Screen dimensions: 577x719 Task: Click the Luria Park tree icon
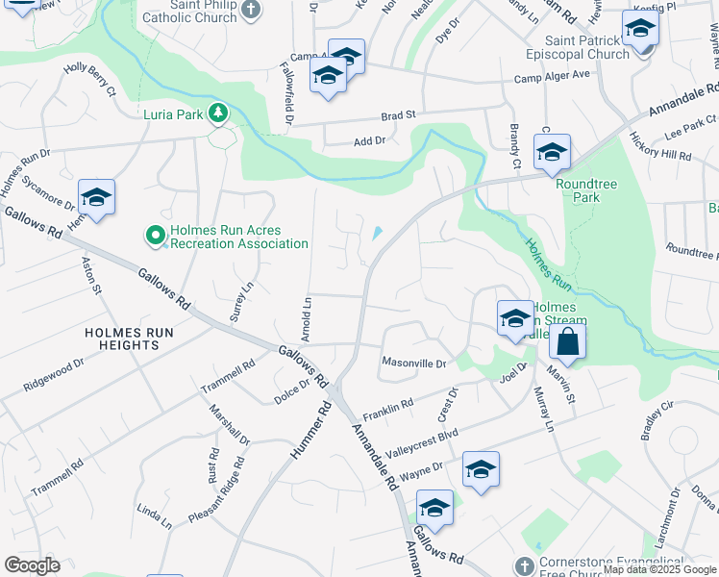tap(219, 114)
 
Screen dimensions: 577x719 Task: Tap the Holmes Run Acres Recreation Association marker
tap(154, 235)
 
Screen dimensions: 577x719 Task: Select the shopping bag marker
tap(567, 341)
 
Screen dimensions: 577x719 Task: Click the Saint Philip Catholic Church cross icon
tap(250, 10)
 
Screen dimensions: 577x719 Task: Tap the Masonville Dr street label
tap(414, 364)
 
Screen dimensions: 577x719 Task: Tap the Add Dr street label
tap(369, 141)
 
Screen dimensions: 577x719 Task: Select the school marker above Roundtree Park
tap(552, 152)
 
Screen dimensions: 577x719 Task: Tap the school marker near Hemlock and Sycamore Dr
tap(96, 197)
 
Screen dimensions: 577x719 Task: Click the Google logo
tap(32, 565)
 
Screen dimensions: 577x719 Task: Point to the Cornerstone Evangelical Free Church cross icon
tap(523, 564)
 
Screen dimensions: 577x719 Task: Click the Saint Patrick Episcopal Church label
tap(587, 47)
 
